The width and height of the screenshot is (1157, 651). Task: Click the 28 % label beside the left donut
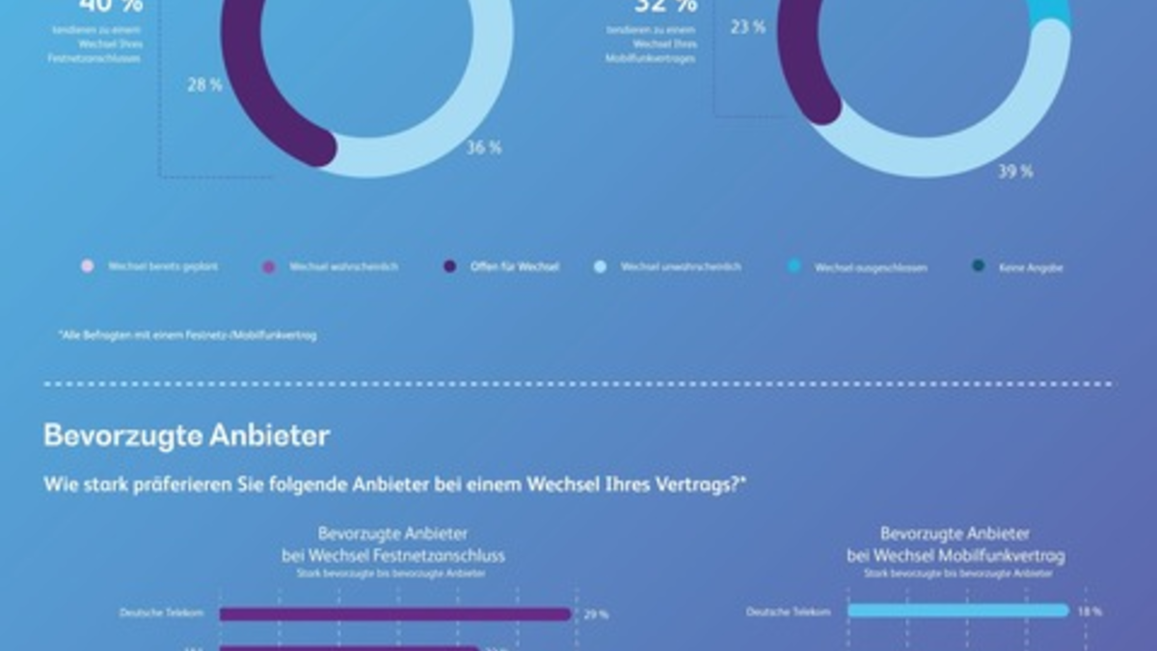(204, 85)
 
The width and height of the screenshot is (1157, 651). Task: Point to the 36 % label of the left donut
(484, 148)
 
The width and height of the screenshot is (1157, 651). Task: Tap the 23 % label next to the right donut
(747, 27)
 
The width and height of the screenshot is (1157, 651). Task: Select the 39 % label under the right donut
(1015, 172)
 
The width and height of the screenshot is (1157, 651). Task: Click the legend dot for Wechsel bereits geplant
(88, 266)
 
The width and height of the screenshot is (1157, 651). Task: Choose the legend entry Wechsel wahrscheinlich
(342, 266)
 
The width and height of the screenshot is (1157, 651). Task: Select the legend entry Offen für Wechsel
(513, 266)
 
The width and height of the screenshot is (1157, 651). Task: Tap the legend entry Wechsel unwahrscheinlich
(681, 266)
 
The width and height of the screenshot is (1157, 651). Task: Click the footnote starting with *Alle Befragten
(187, 336)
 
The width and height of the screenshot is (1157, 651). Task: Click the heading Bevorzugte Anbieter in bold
(186, 436)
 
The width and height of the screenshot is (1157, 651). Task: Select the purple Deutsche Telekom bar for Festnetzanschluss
(395, 613)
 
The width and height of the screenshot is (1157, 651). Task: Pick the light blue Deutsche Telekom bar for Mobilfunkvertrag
(957, 610)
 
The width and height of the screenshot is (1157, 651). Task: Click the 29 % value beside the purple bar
(596, 614)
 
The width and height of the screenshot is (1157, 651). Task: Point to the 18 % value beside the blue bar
(1090, 611)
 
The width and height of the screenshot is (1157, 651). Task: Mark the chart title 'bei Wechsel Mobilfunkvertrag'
(955, 556)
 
